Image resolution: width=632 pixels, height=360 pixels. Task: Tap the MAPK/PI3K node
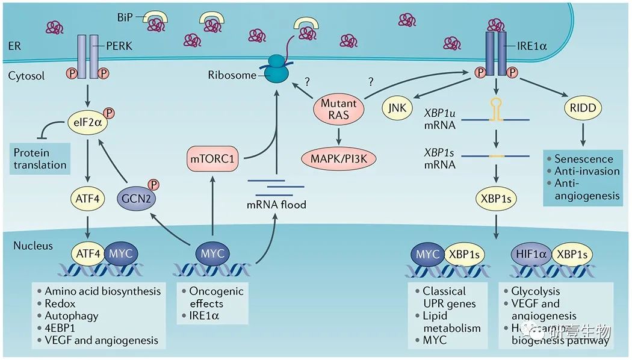339,160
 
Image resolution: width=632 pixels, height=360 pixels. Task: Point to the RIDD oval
581,109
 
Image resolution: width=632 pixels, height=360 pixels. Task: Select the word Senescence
584,159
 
